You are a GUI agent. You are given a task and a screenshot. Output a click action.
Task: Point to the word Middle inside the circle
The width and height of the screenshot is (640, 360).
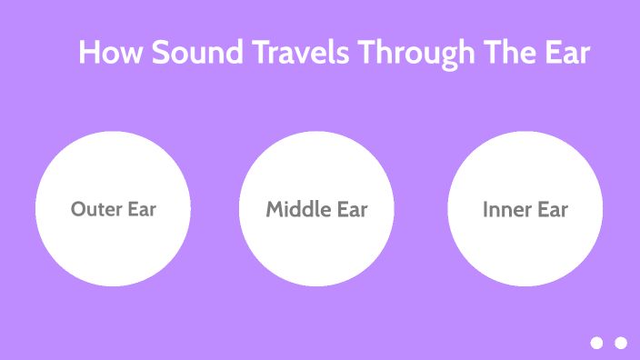[298, 209]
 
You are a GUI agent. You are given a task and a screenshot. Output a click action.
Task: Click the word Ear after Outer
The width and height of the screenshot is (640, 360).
[141, 209]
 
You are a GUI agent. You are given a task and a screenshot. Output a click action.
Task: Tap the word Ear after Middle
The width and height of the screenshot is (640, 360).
[352, 209]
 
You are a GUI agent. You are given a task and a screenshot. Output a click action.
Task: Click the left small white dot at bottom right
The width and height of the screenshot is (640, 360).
[596, 343]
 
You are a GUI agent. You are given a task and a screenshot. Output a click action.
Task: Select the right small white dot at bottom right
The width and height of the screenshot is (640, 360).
[621, 343]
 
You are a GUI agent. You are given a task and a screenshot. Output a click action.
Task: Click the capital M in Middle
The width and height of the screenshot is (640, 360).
[275, 209]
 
